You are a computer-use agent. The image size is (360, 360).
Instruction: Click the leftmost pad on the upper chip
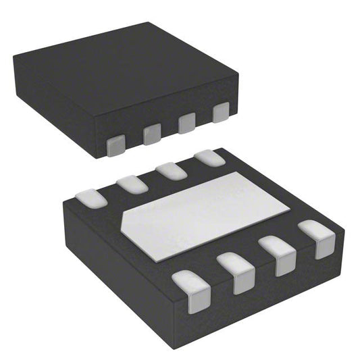(x=117, y=143)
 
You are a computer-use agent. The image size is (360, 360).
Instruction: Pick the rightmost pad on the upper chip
(x=221, y=113)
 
